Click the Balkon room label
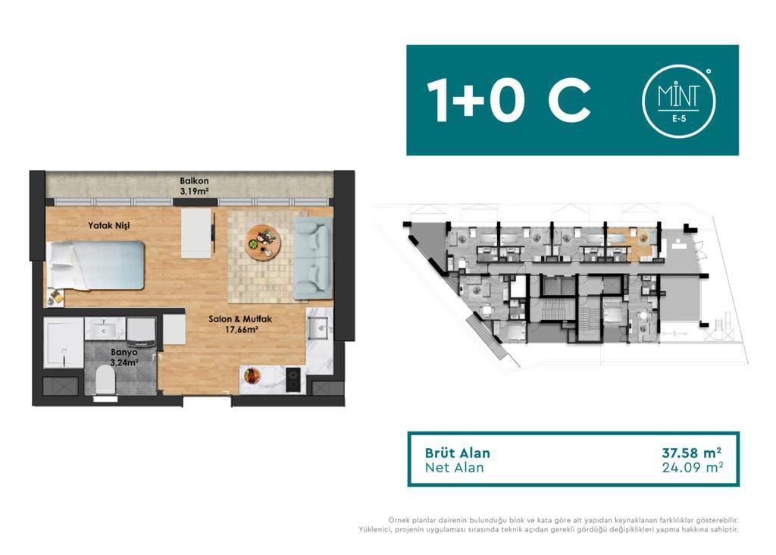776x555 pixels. coord(193,187)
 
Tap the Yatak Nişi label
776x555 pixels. coord(109,225)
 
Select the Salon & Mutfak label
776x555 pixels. coord(240,324)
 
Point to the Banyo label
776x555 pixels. coord(124,357)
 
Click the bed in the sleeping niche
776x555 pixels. coord(95,265)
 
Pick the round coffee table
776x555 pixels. coord(263,243)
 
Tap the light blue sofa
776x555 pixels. coord(313,258)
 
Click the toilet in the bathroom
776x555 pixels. coord(105,380)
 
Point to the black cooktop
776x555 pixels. coord(293,380)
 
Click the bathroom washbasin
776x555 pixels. coord(105,328)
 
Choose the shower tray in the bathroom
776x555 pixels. coord(64,343)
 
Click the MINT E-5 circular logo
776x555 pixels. coord(678,101)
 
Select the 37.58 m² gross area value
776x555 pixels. coord(691,453)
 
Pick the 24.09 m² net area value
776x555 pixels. coord(693,467)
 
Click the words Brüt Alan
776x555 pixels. coord(457,453)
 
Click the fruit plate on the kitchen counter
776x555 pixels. coord(252,375)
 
